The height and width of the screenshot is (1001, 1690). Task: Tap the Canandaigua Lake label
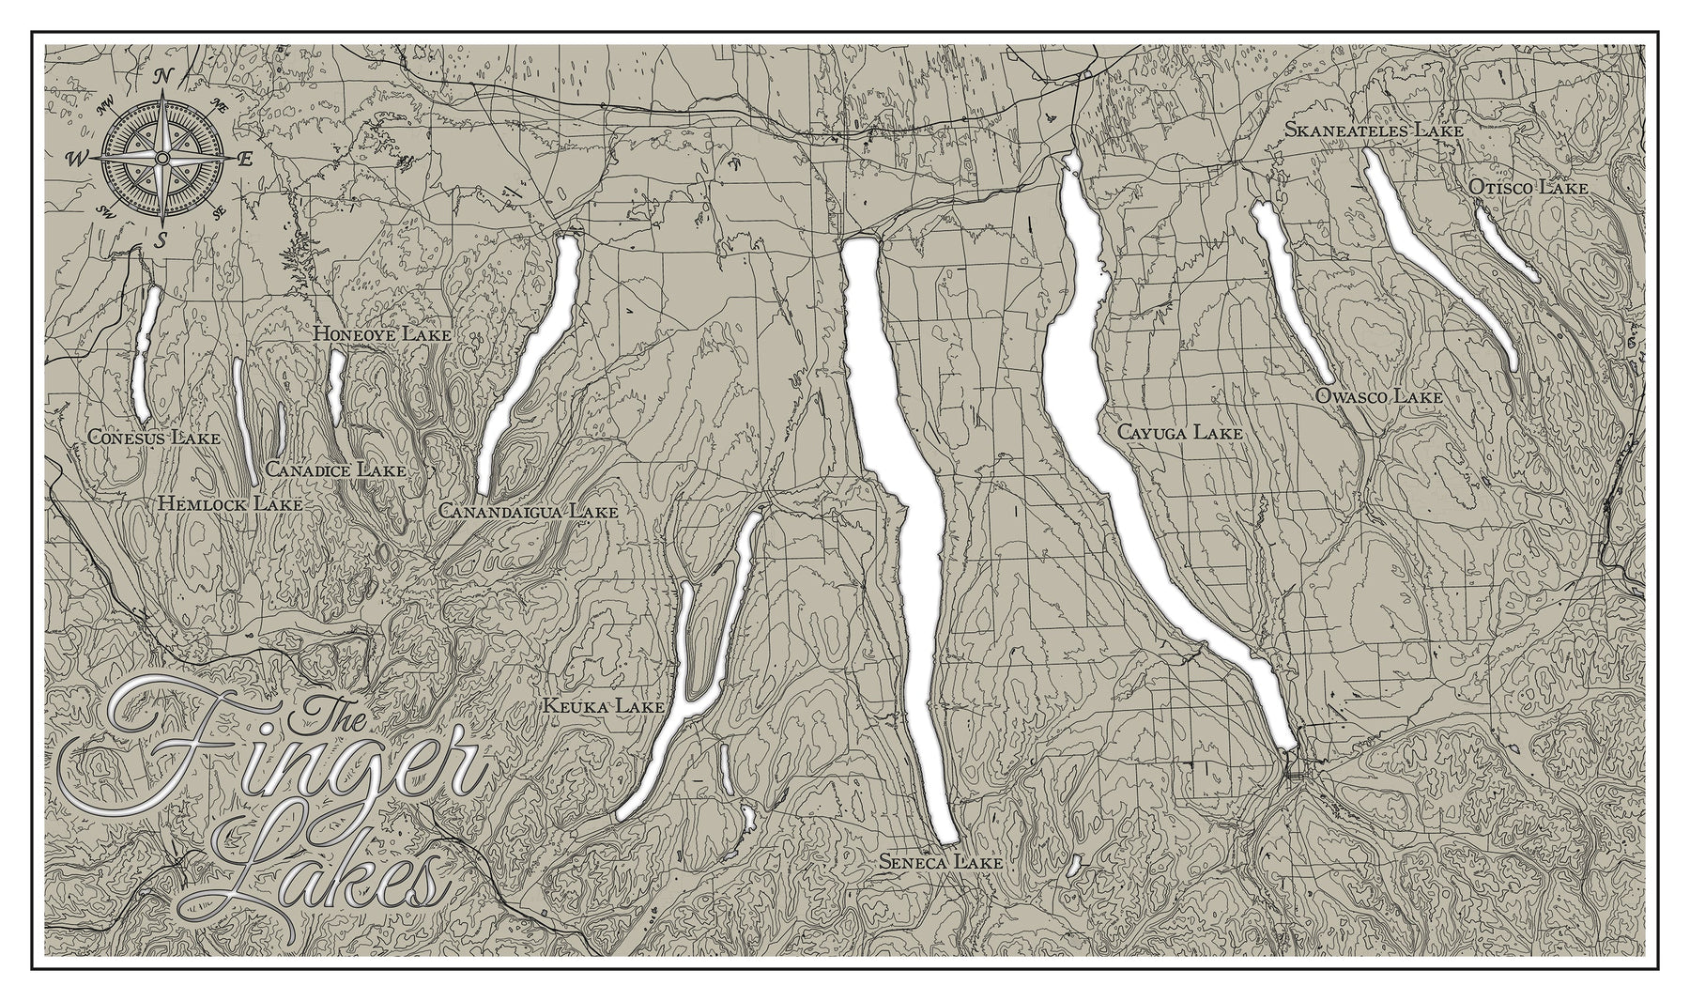[x=528, y=512]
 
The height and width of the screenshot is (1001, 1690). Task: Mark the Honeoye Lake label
[x=382, y=333]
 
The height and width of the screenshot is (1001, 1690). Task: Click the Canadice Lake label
[x=335, y=470]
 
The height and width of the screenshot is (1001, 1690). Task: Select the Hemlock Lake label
[x=230, y=504]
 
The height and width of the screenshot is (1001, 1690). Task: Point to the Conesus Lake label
[x=153, y=438]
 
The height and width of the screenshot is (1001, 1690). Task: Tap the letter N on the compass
[x=162, y=76]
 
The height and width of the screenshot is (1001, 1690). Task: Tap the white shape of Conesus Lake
[x=145, y=357]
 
